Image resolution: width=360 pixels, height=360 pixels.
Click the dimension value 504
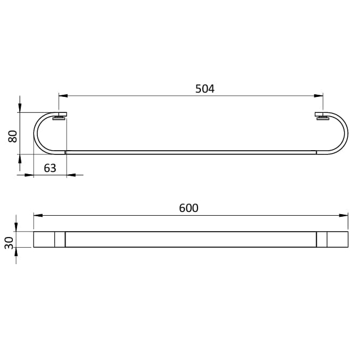[x=204, y=89]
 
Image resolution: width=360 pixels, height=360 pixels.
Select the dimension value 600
[x=189, y=208]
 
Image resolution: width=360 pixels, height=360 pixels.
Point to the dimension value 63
[x=50, y=168]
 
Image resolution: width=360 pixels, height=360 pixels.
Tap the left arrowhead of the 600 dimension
[x=38, y=215]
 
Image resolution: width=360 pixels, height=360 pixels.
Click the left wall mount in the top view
[x=60, y=116]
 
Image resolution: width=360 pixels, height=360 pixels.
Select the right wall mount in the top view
[x=322, y=116]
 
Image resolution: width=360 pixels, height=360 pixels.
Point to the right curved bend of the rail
[x=345, y=133]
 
